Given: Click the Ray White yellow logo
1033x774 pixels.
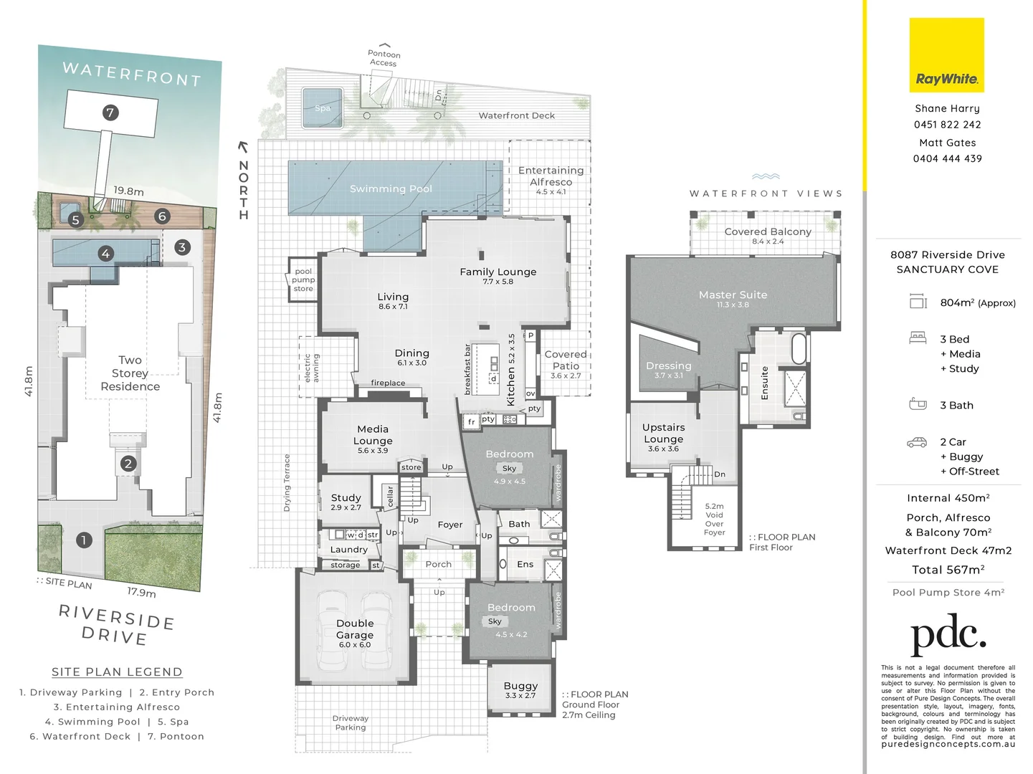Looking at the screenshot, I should pos(946,55).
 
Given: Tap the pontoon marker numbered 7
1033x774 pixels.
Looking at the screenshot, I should pos(110,113).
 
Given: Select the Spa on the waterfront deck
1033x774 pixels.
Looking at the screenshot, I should pos(322,107).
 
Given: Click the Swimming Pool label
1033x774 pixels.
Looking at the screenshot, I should pos(391,188).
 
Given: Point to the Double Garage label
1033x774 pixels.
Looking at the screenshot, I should pos(355,629).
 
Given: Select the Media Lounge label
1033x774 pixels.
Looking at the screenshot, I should pos(373,435).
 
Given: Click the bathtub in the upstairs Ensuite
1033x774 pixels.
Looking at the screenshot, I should pos(798,349).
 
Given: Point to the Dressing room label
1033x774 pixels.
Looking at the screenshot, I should pos(668,366).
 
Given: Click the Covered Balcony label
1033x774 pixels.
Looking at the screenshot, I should pos(768,232).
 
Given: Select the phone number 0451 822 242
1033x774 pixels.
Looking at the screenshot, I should pos(947,125).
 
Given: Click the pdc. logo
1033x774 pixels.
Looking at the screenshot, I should pos(948,634).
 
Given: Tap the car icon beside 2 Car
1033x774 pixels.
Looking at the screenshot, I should pos(917,442).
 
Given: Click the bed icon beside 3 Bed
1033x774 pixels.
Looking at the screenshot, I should pos(918,338).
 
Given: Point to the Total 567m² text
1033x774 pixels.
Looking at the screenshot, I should pos(947,570).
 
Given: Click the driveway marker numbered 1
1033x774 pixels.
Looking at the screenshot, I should pos(84,540).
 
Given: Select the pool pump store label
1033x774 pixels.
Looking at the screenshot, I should pos(303,280).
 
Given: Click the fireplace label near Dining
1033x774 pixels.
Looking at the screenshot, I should pos(388,383).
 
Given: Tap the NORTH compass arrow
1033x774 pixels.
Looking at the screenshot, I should pos(243,148).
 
